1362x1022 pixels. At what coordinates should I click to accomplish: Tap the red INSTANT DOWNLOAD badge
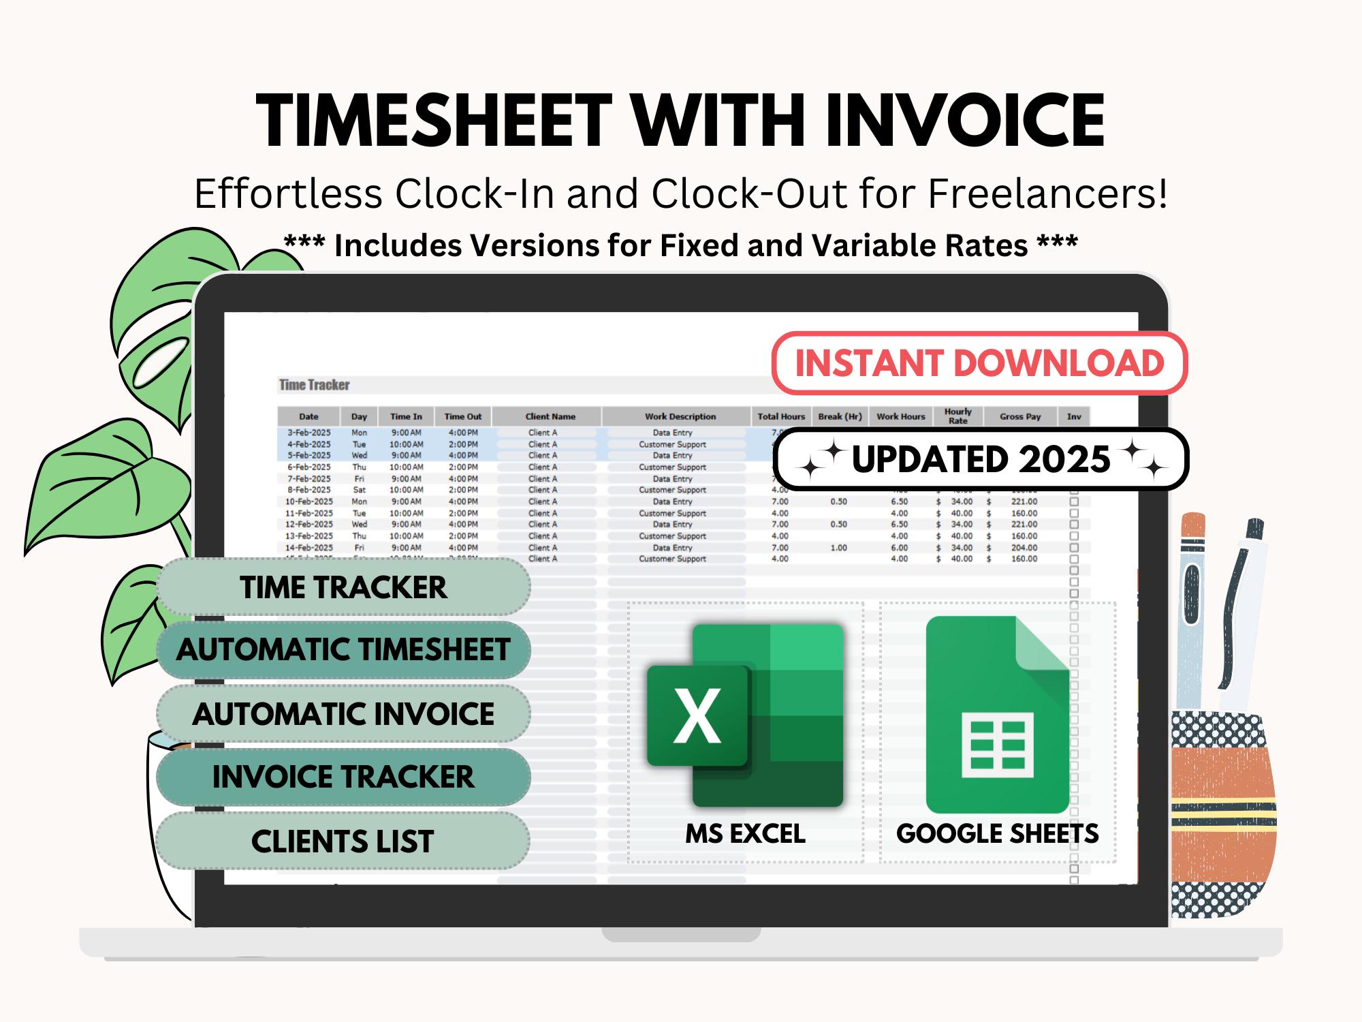tap(979, 363)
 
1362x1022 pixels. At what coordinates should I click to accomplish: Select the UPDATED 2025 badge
tap(981, 459)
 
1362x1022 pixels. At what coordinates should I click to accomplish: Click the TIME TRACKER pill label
tap(343, 587)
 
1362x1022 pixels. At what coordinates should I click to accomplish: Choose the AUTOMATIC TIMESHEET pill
tap(343, 649)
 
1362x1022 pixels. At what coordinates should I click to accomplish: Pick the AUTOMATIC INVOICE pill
tap(343, 713)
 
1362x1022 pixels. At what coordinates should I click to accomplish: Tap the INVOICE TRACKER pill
tap(343, 777)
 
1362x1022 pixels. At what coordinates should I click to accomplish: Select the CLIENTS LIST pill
tap(343, 841)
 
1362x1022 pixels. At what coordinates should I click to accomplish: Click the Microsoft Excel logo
tap(745, 715)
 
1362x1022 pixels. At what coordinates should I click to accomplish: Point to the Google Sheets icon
tap(997, 715)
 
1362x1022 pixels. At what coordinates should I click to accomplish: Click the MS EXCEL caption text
tap(745, 833)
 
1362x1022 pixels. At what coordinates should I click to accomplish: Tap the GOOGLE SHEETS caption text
tap(997, 833)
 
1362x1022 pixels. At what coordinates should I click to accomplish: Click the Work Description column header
tap(680, 416)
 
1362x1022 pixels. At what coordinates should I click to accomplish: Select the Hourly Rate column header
tap(957, 416)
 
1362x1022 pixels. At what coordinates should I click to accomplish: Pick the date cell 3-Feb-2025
tap(308, 433)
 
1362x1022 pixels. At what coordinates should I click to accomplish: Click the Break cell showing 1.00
tap(838, 548)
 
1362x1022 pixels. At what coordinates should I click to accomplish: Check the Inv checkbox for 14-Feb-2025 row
tap(1074, 548)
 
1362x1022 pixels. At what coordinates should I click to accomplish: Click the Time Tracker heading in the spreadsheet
tap(314, 385)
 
